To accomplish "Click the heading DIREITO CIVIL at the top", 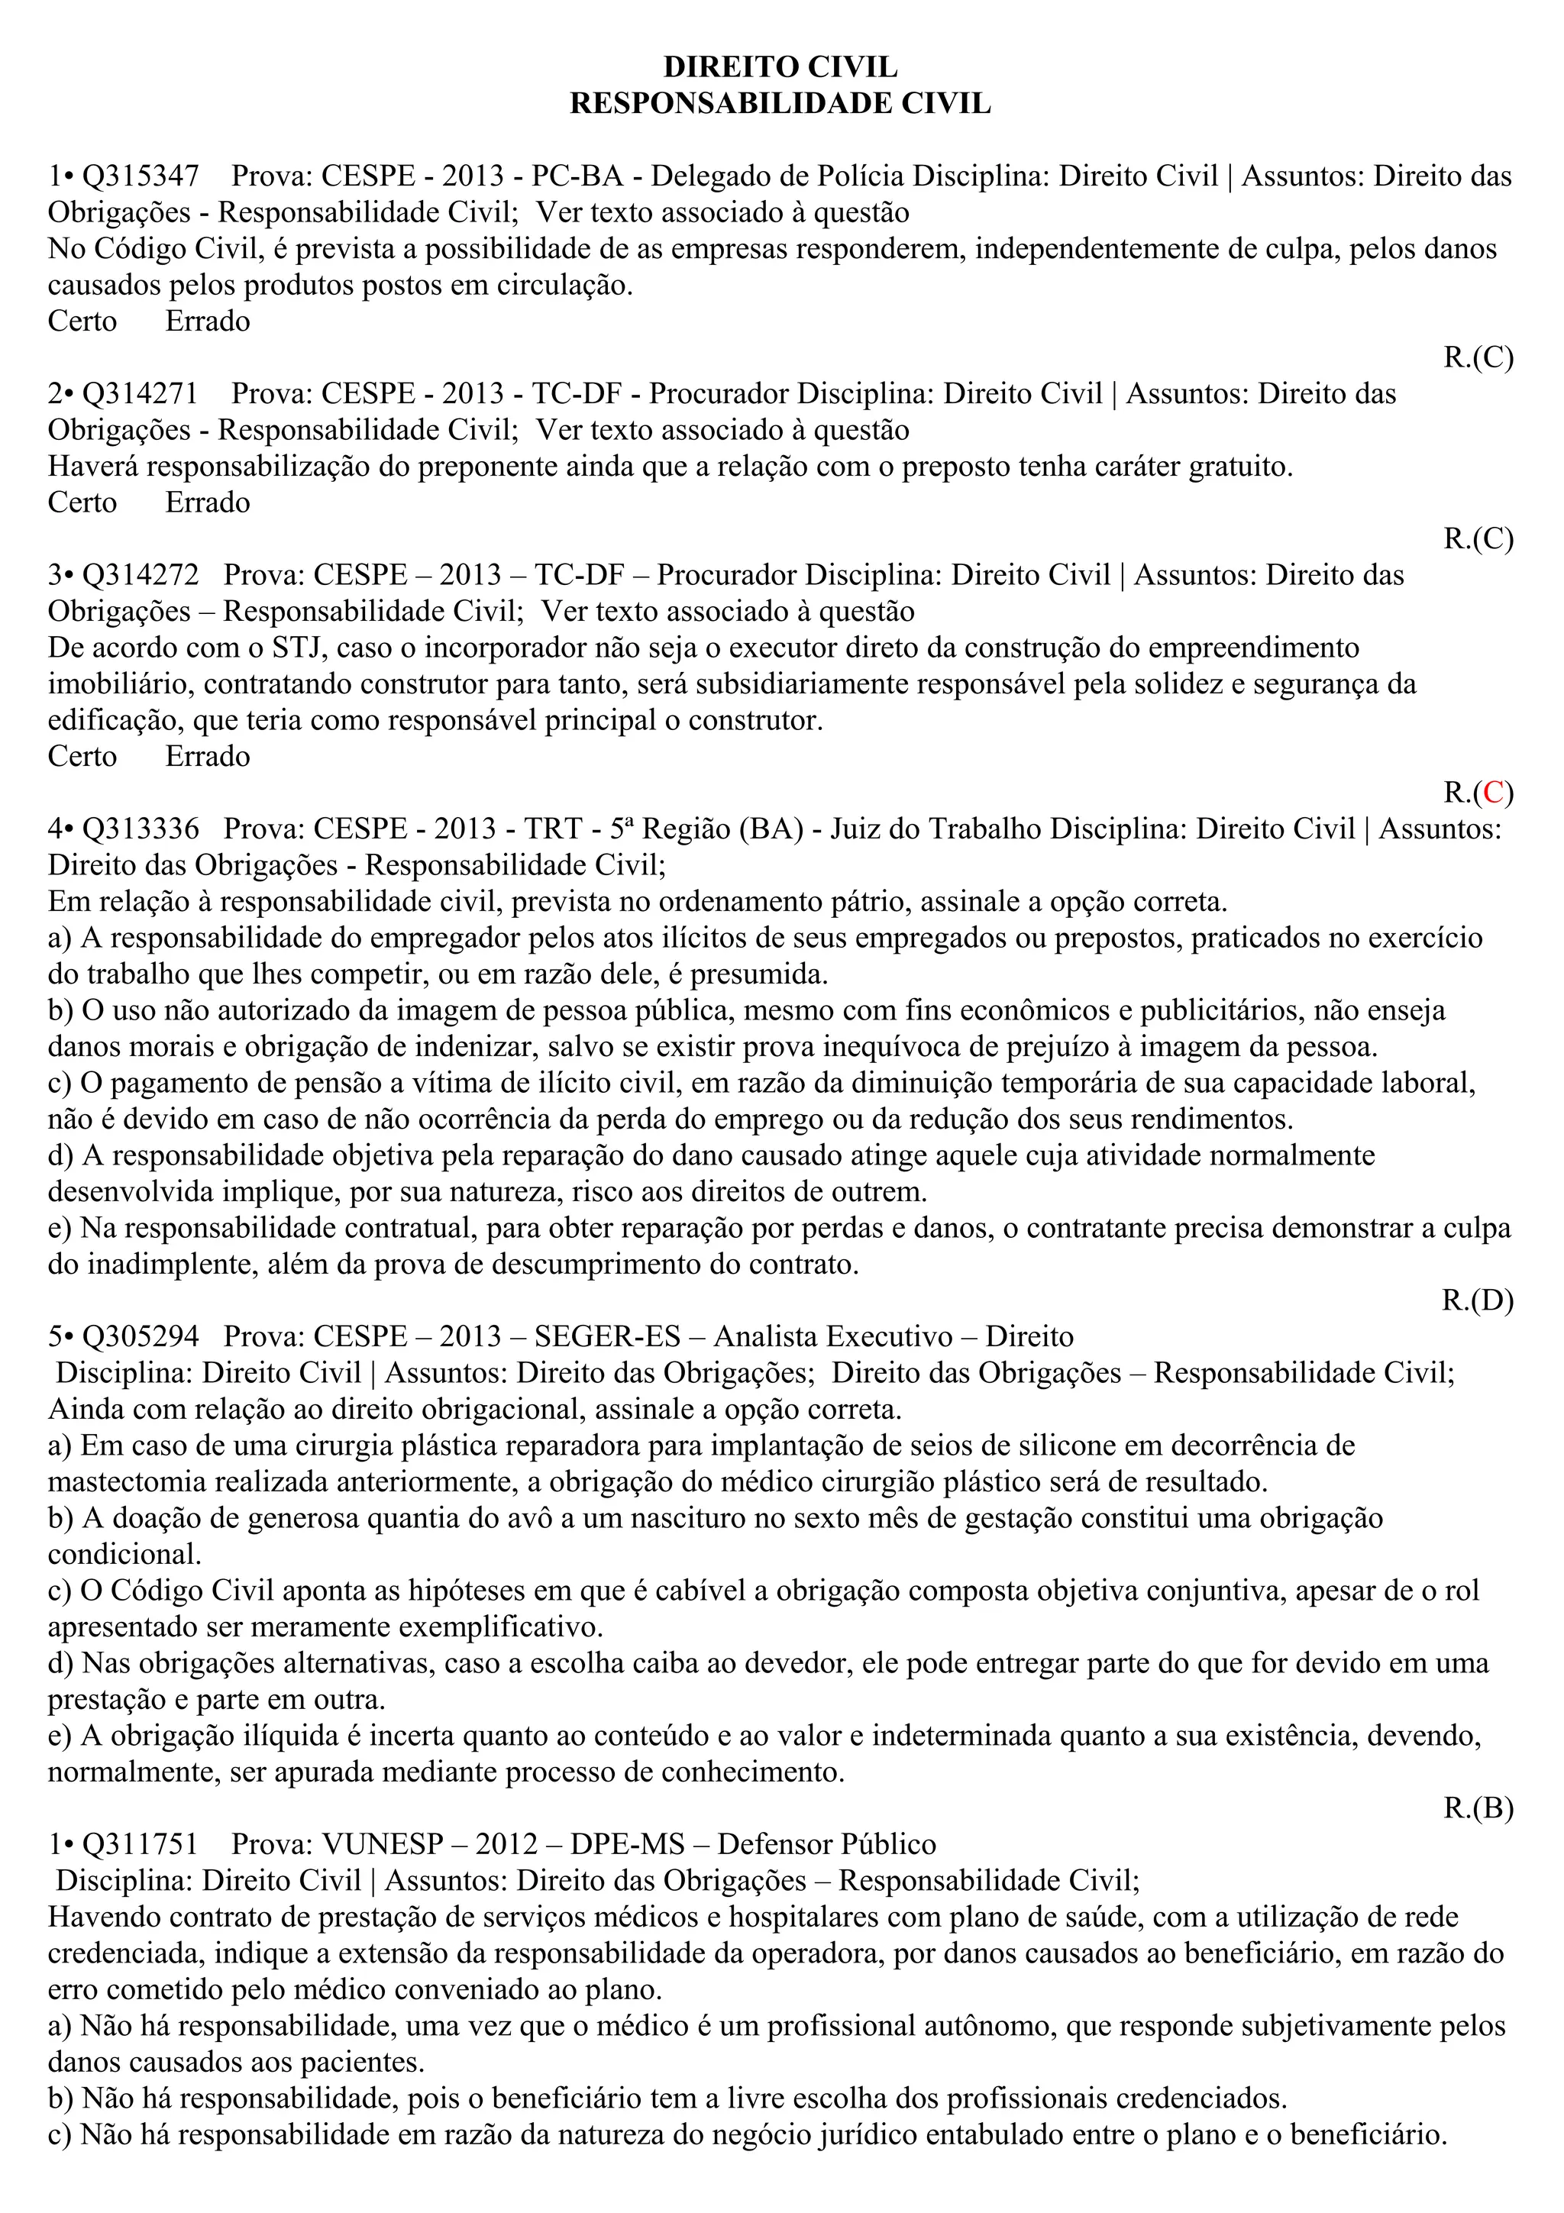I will coord(780,66).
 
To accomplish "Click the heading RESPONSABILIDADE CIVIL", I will coord(780,102).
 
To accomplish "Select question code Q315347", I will coord(141,176).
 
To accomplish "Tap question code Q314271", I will coord(141,393).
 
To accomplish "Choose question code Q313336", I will coord(141,829).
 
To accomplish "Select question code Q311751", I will coord(141,1844).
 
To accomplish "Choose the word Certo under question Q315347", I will coord(83,321).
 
